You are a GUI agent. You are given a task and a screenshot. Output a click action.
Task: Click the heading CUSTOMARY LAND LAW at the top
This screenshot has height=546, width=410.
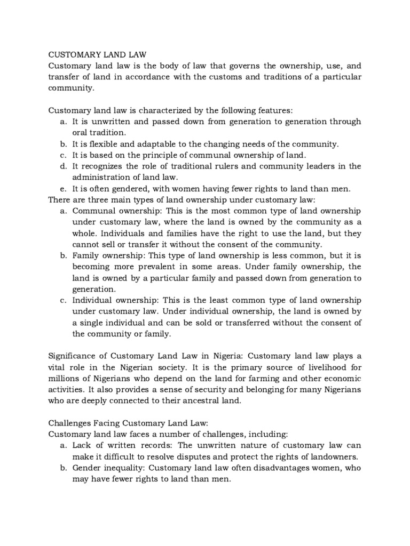(97, 54)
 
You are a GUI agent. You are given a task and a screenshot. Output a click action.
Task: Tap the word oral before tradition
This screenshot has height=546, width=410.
(81, 133)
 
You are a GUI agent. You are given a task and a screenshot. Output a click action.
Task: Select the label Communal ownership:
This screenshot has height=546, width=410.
(109, 211)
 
